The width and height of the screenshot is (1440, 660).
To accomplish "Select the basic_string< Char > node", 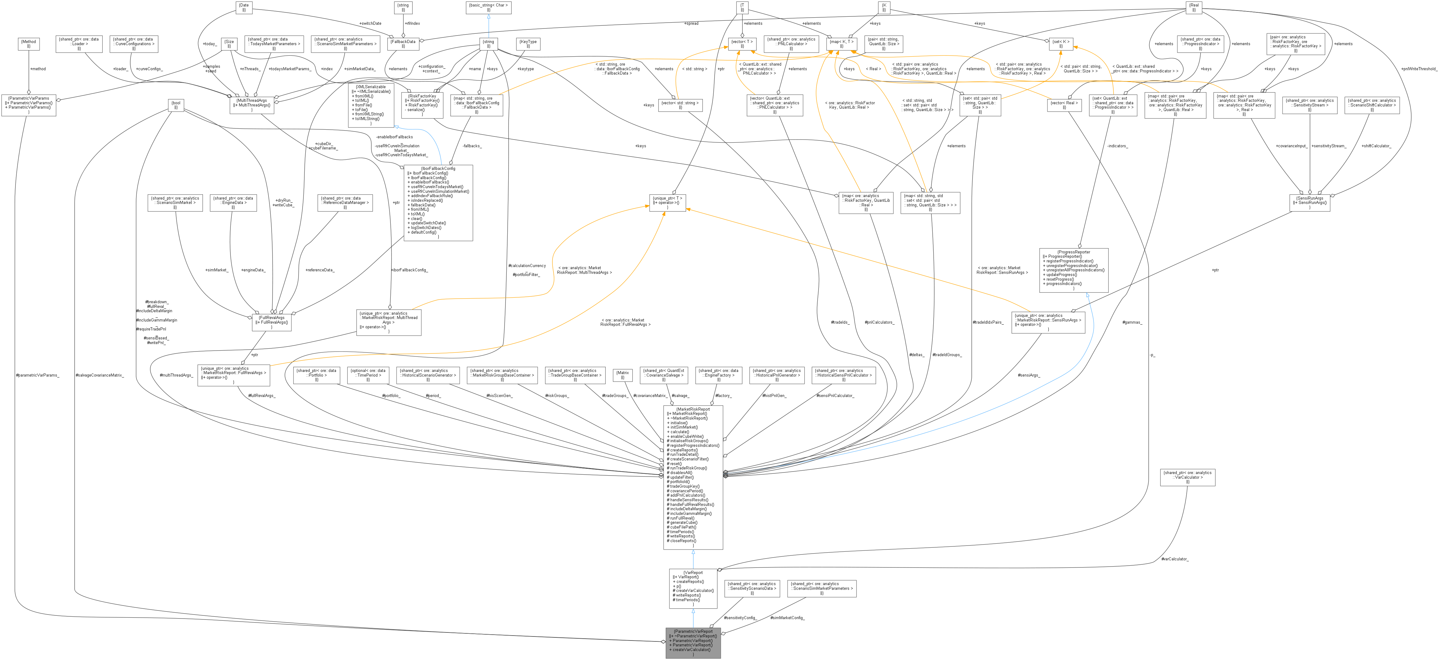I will tap(488, 7).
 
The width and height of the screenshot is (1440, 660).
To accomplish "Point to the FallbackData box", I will tap(403, 44).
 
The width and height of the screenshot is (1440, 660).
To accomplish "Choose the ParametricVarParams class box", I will tap(28, 105).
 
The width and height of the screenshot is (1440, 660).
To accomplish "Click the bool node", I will tap(175, 105).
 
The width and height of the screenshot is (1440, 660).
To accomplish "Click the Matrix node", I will tap(622, 375).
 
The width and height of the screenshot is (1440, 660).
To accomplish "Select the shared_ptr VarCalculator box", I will tap(1187, 477).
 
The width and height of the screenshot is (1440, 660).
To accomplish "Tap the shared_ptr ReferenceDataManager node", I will tap(345, 202).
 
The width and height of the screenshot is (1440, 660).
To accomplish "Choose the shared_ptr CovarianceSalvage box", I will tap(664, 375).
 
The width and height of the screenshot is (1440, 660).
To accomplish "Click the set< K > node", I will tap(1060, 44).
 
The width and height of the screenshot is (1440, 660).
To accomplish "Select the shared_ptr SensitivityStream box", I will tap(1309, 105).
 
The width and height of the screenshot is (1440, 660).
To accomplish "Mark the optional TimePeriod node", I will tap(368, 375).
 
